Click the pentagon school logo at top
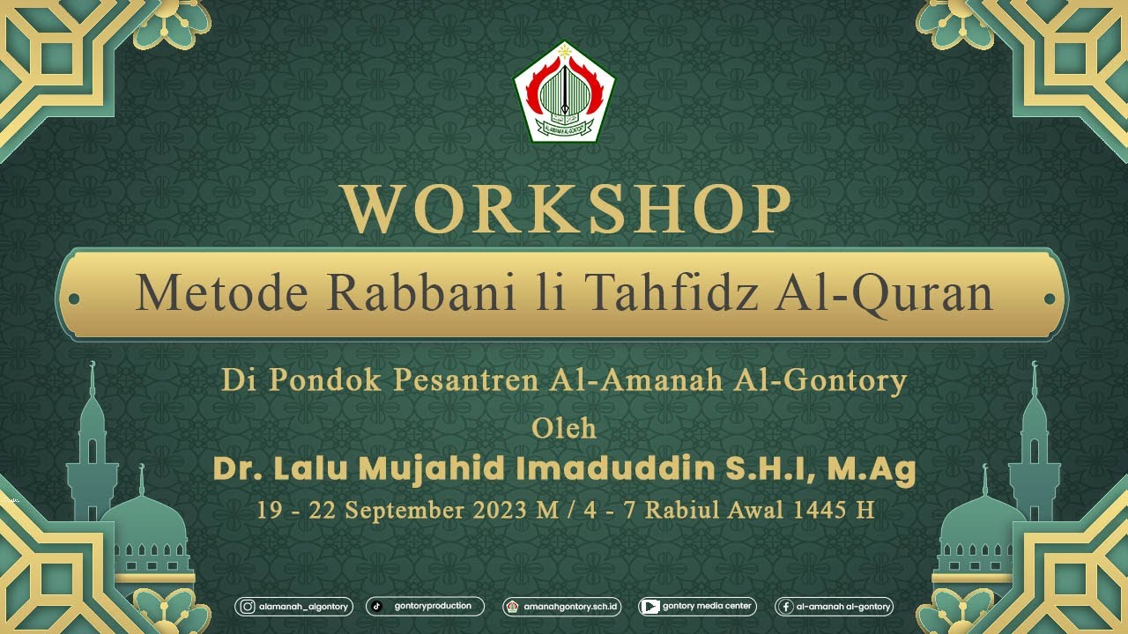point(564,92)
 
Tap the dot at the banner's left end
point(74,299)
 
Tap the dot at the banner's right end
point(1050,299)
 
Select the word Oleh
point(564,429)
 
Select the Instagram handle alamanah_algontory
point(294,607)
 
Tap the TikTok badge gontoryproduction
point(425,606)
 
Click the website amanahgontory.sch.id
point(562,607)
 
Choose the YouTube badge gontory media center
point(697,606)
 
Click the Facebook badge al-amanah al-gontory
point(834,607)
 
